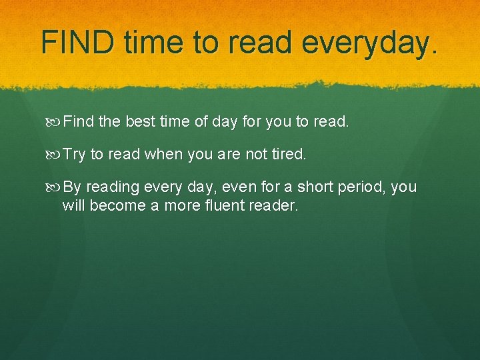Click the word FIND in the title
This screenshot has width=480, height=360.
[x=77, y=42]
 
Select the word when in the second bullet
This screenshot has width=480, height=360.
[x=164, y=155]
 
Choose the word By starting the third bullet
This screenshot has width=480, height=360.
[x=72, y=187]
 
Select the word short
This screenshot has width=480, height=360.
[x=316, y=187]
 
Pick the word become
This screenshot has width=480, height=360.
[x=117, y=205]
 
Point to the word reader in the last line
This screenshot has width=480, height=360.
[x=273, y=205]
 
